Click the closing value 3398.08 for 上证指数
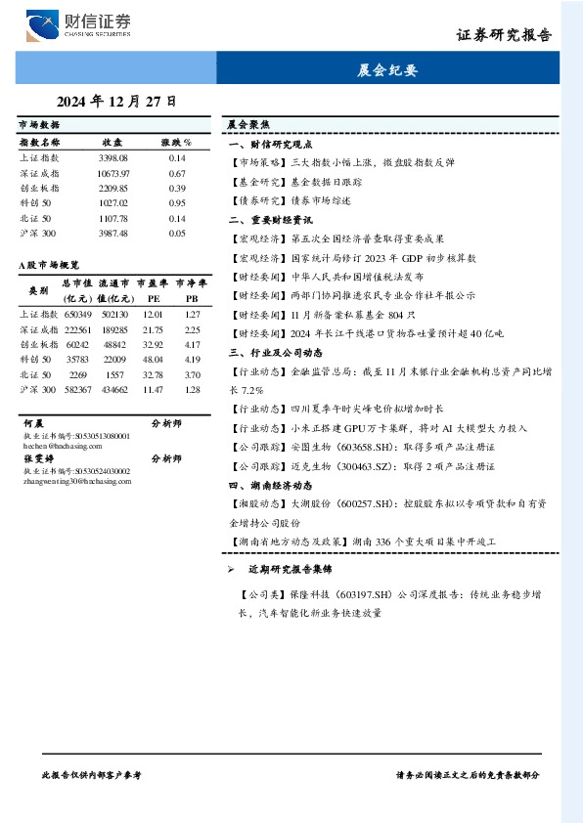(x=113, y=157)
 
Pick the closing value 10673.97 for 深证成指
(x=113, y=173)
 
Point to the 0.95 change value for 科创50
(x=177, y=202)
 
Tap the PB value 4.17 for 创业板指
(x=192, y=345)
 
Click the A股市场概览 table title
(x=49, y=265)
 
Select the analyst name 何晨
(x=32, y=424)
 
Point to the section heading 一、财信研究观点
(x=271, y=143)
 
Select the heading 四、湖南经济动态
(x=270, y=485)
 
